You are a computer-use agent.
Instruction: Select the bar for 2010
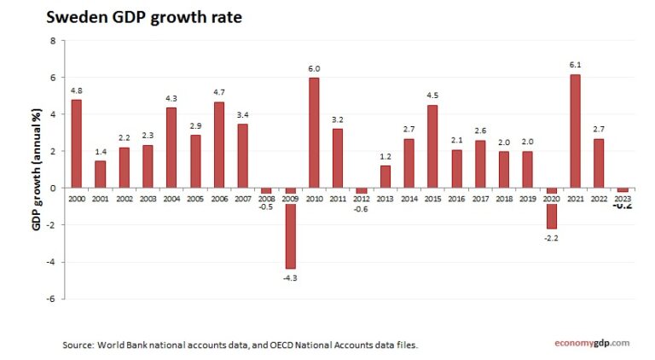(x=314, y=132)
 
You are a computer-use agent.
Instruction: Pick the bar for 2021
(x=575, y=131)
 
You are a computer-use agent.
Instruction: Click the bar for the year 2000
(x=77, y=143)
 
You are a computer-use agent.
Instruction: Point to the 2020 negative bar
(x=551, y=207)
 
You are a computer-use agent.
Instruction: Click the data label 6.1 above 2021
(x=575, y=65)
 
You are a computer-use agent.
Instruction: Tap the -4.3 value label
(x=290, y=277)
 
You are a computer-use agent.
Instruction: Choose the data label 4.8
(x=77, y=90)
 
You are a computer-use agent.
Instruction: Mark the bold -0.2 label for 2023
(x=623, y=204)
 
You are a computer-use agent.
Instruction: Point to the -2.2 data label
(x=551, y=238)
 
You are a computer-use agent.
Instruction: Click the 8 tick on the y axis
(x=52, y=41)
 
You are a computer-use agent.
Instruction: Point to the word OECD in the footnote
(x=281, y=345)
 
